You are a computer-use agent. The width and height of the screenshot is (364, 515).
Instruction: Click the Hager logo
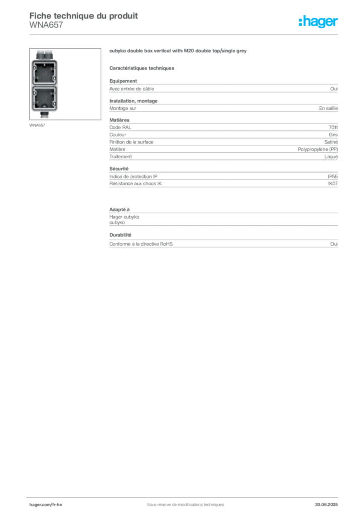[x=318, y=22]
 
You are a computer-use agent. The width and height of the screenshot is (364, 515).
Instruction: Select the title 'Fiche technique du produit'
[x=83, y=16]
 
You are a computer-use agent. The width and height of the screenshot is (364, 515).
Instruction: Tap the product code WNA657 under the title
[x=46, y=25]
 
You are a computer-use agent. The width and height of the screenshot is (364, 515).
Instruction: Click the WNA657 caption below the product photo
[x=37, y=125]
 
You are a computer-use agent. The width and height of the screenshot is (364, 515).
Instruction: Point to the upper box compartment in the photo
[x=45, y=72]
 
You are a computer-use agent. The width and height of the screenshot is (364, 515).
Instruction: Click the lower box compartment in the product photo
[x=45, y=99]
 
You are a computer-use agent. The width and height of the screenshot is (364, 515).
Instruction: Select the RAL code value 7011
[x=333, y=127]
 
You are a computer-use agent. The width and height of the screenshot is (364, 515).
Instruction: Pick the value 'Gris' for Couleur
[x=333, y=135]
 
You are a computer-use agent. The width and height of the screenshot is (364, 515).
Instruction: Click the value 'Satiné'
[x=331, y=142]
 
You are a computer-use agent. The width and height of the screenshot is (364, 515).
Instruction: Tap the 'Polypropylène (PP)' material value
[x=318, y=149]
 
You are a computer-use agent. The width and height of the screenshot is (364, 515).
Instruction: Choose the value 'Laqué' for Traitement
[x=331, y=157]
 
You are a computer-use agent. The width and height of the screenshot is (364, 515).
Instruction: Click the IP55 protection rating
[x=332, y=177]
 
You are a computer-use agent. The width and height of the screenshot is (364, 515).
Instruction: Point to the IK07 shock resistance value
[x=333, y=184]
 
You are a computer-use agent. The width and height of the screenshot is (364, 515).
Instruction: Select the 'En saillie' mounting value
[x=328, y=108]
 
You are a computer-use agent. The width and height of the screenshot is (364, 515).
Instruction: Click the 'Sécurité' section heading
[x=119, y=169]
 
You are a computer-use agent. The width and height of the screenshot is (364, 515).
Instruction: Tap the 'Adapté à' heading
[x=120, y=210]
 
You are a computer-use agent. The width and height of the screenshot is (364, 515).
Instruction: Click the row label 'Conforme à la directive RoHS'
[x=141, y=244]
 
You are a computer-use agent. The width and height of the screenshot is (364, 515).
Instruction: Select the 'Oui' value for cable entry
[x=334, y=89]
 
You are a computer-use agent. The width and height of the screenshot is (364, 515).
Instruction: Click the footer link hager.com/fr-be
[x=46, y=505]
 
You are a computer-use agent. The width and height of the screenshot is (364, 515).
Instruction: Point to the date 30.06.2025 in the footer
[x=326, y=505]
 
